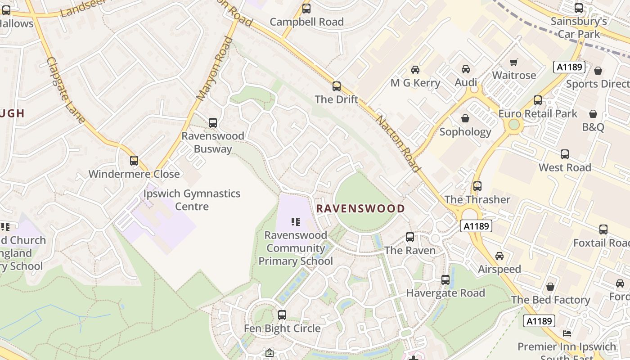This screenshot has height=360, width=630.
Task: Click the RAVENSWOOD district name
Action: [360, 208]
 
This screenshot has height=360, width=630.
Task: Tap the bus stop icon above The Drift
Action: [337, 86]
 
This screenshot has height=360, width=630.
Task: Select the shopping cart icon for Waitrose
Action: [513, 62]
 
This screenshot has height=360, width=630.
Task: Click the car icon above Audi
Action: [466, 69]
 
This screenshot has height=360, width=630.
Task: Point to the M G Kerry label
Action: [415, 83]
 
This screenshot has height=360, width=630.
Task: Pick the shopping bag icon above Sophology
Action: [465, 118]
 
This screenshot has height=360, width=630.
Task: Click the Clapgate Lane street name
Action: [66, 90]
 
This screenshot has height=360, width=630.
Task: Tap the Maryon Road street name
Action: [215, 68]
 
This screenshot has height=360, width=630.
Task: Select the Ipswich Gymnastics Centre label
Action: [192, 200]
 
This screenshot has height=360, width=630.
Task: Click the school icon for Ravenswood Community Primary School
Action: [295, 221]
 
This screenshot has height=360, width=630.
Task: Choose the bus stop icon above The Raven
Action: [410, 237]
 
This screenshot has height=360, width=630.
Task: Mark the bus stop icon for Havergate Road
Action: [445, 280]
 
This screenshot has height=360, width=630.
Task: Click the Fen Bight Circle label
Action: [282, 328]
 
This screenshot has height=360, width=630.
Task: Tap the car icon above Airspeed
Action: [499, 256]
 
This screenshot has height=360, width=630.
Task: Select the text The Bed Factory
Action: [550, 300]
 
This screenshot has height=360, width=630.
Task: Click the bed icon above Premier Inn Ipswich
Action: [567, 334]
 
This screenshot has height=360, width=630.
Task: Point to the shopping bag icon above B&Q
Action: [593, 114]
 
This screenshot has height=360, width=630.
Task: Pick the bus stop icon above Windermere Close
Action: [134, 161]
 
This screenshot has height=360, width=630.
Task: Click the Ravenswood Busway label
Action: [213, 142]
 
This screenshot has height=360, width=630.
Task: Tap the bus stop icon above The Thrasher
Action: [477, 186]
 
